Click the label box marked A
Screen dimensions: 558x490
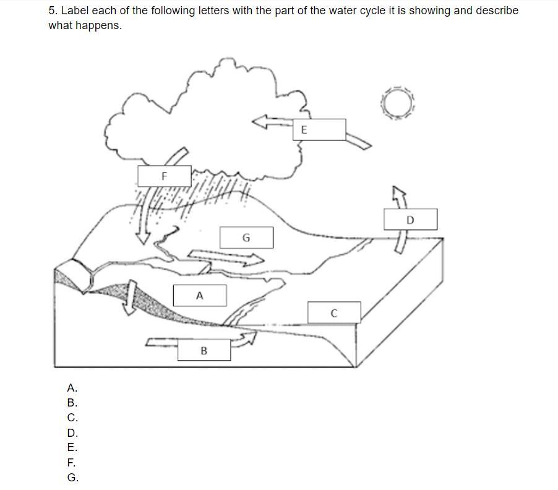point(200,295)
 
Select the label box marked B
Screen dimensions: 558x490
point(204,350)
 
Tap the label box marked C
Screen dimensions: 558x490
point(334,312)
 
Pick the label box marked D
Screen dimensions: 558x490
point(410,219)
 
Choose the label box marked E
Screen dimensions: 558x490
point(319,129)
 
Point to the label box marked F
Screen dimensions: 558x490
point(165,176)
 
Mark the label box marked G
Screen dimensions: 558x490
point(247,238)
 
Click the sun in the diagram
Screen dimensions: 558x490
point(398,103)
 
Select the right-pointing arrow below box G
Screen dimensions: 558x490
point(226,257)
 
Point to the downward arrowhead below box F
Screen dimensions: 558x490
point(143,238)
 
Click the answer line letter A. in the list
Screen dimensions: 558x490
point(72,387)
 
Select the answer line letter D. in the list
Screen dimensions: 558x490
point(72,432)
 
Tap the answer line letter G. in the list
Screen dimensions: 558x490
point(73,477)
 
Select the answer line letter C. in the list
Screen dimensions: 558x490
point(72,418)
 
